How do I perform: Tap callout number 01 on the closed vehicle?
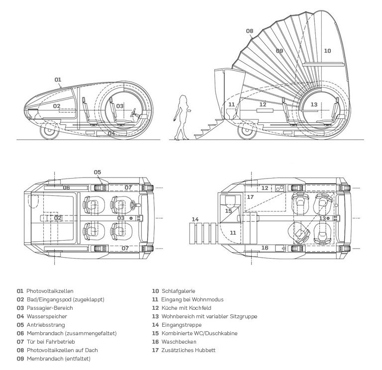click(x=58, y=80)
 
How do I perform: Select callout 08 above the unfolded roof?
click(x=249, y=31)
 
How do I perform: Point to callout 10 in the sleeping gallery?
click(x=327, y=51)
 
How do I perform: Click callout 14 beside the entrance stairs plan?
click(x=195, y=219)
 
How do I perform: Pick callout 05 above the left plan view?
click(x=97, y=173)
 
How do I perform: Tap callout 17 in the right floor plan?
click(x=250, y=197)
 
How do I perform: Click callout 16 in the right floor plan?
click(x=265, y=248)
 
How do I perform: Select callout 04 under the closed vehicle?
click(x=111, y=133)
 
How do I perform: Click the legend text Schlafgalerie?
click(x=179, y=291)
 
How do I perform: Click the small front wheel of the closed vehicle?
click(x=49, y=131)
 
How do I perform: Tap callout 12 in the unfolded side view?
click(x=263, y=104)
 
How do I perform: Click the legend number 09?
click(x=20, y=359)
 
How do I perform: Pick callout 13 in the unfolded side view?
click(x=314, y=104)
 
